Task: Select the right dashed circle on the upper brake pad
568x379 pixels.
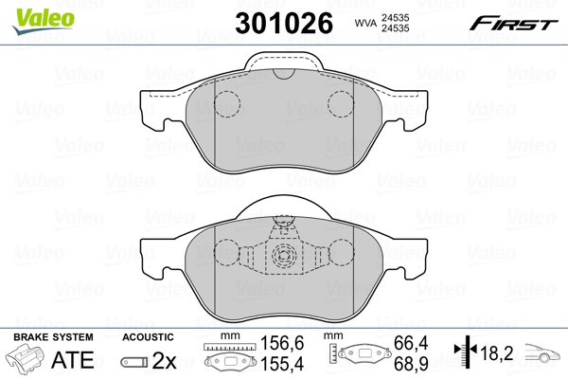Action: [340, 103]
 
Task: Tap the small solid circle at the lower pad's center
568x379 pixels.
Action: [281, 255]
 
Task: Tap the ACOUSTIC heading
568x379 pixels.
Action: [148, 337]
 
